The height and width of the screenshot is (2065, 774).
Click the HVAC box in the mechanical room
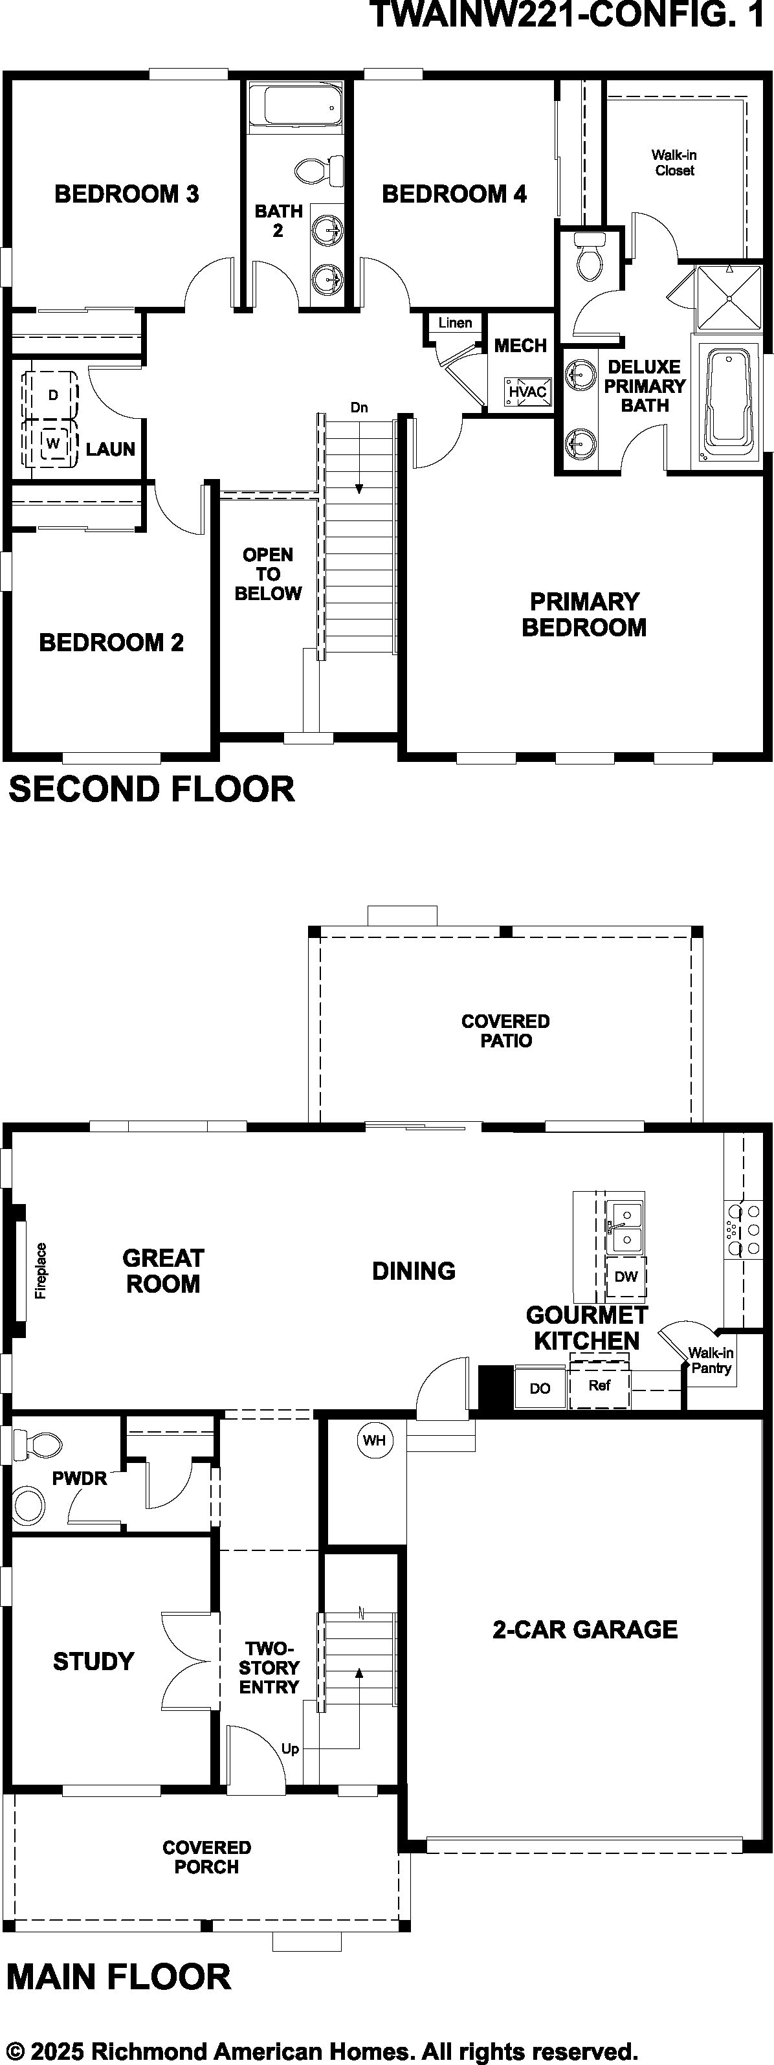528,391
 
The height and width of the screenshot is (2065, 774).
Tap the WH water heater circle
374,1440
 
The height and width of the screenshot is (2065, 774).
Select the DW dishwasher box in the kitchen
626,1276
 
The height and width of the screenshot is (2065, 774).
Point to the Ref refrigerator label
599,1385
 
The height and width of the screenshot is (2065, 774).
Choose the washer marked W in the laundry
53,443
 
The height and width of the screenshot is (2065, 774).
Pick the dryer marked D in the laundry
53,394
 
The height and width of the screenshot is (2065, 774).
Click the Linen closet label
455,322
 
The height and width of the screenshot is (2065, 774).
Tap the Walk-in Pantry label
711,1360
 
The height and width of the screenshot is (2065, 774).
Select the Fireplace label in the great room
41,1271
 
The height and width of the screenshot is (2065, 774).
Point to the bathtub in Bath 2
296,106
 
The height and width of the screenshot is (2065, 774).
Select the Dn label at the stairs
359,407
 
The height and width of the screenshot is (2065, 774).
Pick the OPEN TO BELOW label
268,574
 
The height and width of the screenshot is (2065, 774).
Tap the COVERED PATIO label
505,1031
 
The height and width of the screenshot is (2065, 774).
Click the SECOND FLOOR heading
151,789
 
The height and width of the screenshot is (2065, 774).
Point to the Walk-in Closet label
674,162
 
